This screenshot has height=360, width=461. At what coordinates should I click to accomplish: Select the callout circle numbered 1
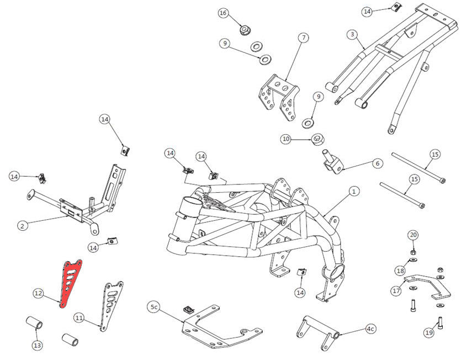[x=354, y=192]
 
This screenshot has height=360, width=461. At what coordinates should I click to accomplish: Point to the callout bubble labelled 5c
[x=154, y=306]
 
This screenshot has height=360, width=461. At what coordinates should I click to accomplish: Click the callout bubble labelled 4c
[x=370, y=329]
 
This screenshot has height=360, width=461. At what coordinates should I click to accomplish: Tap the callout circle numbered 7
[x=303, y=38]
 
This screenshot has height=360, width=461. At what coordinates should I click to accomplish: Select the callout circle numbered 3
[x=351, y=34]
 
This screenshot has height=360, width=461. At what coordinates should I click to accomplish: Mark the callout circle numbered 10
[x=285, y=139]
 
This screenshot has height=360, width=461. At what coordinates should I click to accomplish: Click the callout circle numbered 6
[x=377, y=163]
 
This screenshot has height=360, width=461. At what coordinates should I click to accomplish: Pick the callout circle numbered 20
[x=413, y=235]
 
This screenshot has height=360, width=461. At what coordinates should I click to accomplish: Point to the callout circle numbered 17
[x=396, y=290]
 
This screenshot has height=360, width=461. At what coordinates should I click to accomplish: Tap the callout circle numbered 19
[x=429, y=332]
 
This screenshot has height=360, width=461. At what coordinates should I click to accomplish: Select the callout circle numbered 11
[x=79, y=318]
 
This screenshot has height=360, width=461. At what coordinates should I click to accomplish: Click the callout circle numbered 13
[x=37, y=346]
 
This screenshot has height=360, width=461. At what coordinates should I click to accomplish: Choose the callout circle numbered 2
[x=23, y=225]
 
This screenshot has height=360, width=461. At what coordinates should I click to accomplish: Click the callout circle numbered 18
[x=400, y=270]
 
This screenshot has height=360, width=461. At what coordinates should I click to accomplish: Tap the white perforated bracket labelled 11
[x=111, y=304]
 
